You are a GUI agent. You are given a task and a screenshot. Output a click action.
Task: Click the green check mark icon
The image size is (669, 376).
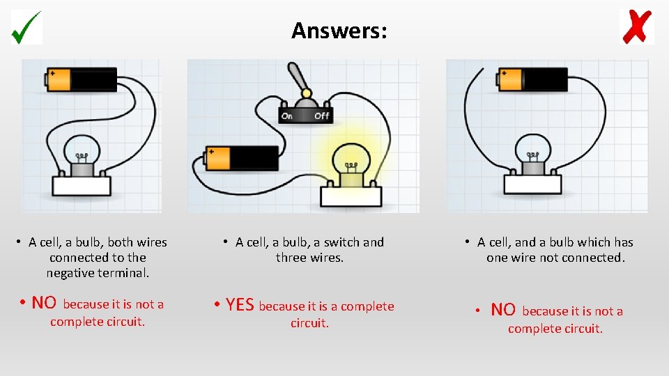(26, 27)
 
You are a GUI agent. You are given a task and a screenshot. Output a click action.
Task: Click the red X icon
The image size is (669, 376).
(636, 27)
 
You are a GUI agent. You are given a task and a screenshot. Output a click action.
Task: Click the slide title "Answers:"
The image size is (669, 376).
(339, 31)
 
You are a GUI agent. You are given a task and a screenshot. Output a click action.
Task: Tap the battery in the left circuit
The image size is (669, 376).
(82, 79)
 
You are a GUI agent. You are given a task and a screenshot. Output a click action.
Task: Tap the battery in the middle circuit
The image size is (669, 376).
(242, 158)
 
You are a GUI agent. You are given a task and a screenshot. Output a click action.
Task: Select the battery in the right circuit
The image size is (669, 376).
(532, 79)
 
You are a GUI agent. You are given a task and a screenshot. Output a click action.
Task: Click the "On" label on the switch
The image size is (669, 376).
(286, 116)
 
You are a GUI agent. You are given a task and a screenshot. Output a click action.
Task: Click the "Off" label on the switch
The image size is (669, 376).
(321, 116)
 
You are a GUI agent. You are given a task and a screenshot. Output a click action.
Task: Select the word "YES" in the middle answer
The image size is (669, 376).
(240, 306)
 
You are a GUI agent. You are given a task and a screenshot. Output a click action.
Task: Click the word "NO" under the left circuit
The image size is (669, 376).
(44, 303)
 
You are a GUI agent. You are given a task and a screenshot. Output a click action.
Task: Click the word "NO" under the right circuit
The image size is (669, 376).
(503, 310)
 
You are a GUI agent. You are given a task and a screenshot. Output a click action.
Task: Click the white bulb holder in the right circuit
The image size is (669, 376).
(532, 184)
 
